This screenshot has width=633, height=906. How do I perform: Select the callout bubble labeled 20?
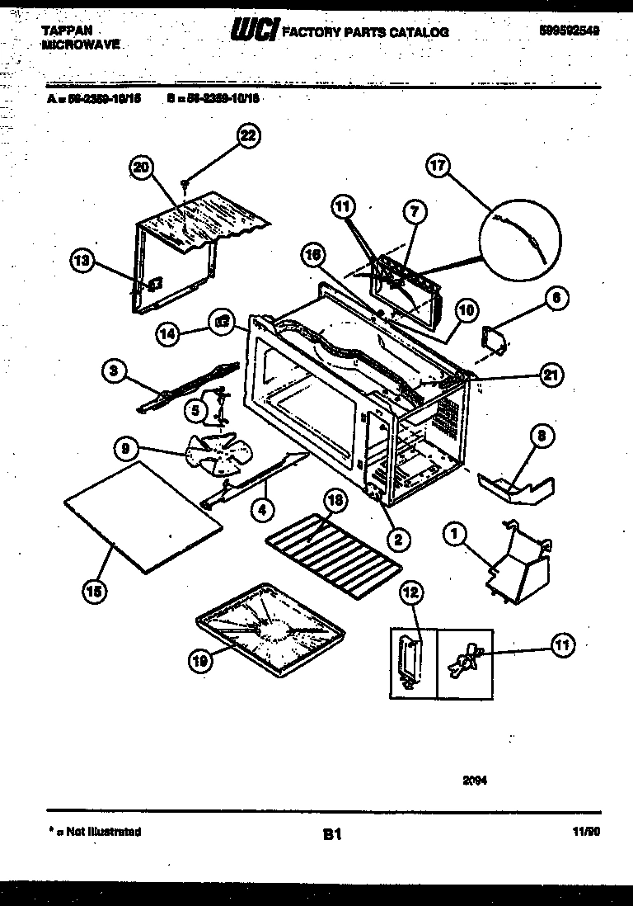(x=142, y=168)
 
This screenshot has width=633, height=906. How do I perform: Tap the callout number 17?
(x=438, y=166)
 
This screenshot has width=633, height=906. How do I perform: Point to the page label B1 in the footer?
(x=331, y=835)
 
